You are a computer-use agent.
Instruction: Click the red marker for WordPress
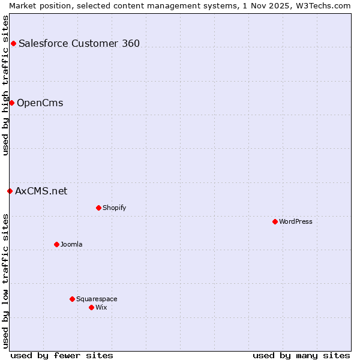pos(275,221)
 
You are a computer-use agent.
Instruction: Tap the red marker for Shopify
pos(98,208)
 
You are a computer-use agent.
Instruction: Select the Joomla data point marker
pos(56,244)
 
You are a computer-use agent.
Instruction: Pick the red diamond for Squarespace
pos(72,299)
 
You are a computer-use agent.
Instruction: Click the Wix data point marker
pos(91,307)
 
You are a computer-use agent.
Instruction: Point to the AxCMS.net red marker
pos(10,191)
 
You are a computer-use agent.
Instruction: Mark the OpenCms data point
pos(11,103)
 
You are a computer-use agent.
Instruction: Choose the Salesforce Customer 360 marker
pos(13,43)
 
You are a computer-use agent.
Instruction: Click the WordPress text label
pos(296,221)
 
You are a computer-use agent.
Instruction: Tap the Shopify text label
pos(115,208)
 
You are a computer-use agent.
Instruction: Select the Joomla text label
pos(71,244)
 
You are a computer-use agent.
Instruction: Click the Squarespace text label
pos(97,299)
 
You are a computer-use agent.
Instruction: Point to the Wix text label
pos(101,307)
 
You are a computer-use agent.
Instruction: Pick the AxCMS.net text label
pos(41,191)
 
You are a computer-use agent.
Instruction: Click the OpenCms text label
pos(40,103)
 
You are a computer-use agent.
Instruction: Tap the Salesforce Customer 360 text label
pos(79,43)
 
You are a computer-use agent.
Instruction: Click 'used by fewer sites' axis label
pos(62,355)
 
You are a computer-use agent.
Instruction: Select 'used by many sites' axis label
pos(301,355)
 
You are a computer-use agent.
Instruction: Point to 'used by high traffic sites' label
pos(5,85)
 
